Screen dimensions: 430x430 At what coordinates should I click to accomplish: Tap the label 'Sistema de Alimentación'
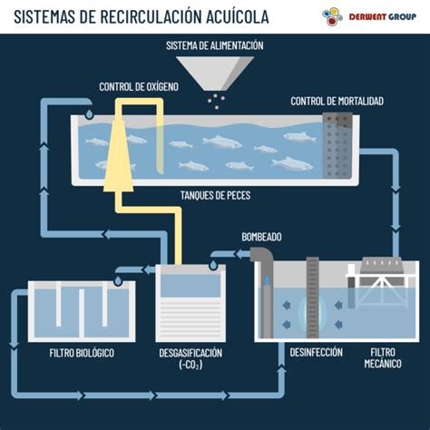tap(214, 45)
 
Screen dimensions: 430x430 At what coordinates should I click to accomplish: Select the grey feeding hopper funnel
tap(214, 73)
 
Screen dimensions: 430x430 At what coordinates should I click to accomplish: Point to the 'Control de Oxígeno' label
tap(139, 87)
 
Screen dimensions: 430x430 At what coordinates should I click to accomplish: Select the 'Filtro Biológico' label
tap(82, 352)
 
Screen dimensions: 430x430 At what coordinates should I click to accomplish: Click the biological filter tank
tap(82, 308)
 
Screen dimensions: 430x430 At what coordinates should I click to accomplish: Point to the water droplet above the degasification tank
tap(211, 264)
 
